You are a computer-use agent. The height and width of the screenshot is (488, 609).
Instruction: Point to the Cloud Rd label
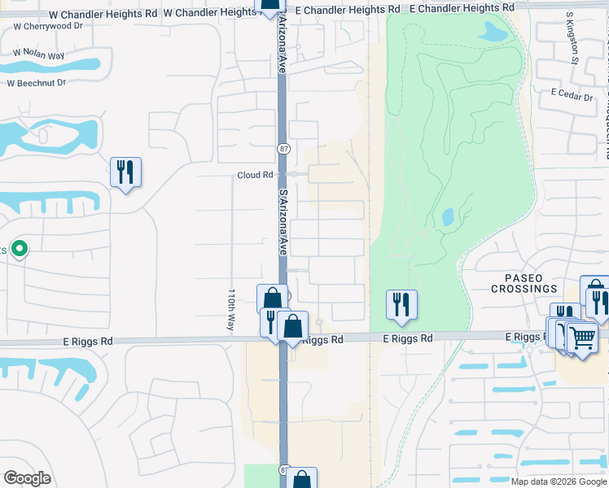255,175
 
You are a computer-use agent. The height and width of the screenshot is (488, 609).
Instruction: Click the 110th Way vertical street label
232,308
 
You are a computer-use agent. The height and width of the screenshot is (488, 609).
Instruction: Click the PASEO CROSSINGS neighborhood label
524,283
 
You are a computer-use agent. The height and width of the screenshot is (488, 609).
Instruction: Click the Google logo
27,478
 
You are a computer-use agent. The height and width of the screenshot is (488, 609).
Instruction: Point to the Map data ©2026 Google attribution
559,481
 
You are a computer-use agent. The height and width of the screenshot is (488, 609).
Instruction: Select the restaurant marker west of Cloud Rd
125,172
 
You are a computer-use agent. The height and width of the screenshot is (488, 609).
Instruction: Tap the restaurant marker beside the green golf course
401,305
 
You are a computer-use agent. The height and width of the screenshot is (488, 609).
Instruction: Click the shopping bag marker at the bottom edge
301,479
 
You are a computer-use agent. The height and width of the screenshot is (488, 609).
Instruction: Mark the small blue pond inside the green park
448,217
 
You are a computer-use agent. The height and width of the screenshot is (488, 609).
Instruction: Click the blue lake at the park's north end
493,32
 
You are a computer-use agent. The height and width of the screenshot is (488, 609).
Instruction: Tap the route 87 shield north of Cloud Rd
282,148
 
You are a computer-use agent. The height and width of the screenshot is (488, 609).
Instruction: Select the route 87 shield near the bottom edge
283,470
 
